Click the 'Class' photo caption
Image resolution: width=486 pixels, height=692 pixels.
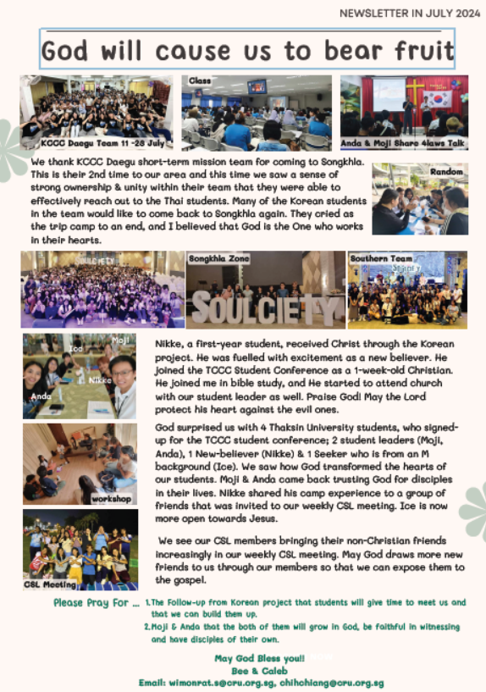pos(201,80)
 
